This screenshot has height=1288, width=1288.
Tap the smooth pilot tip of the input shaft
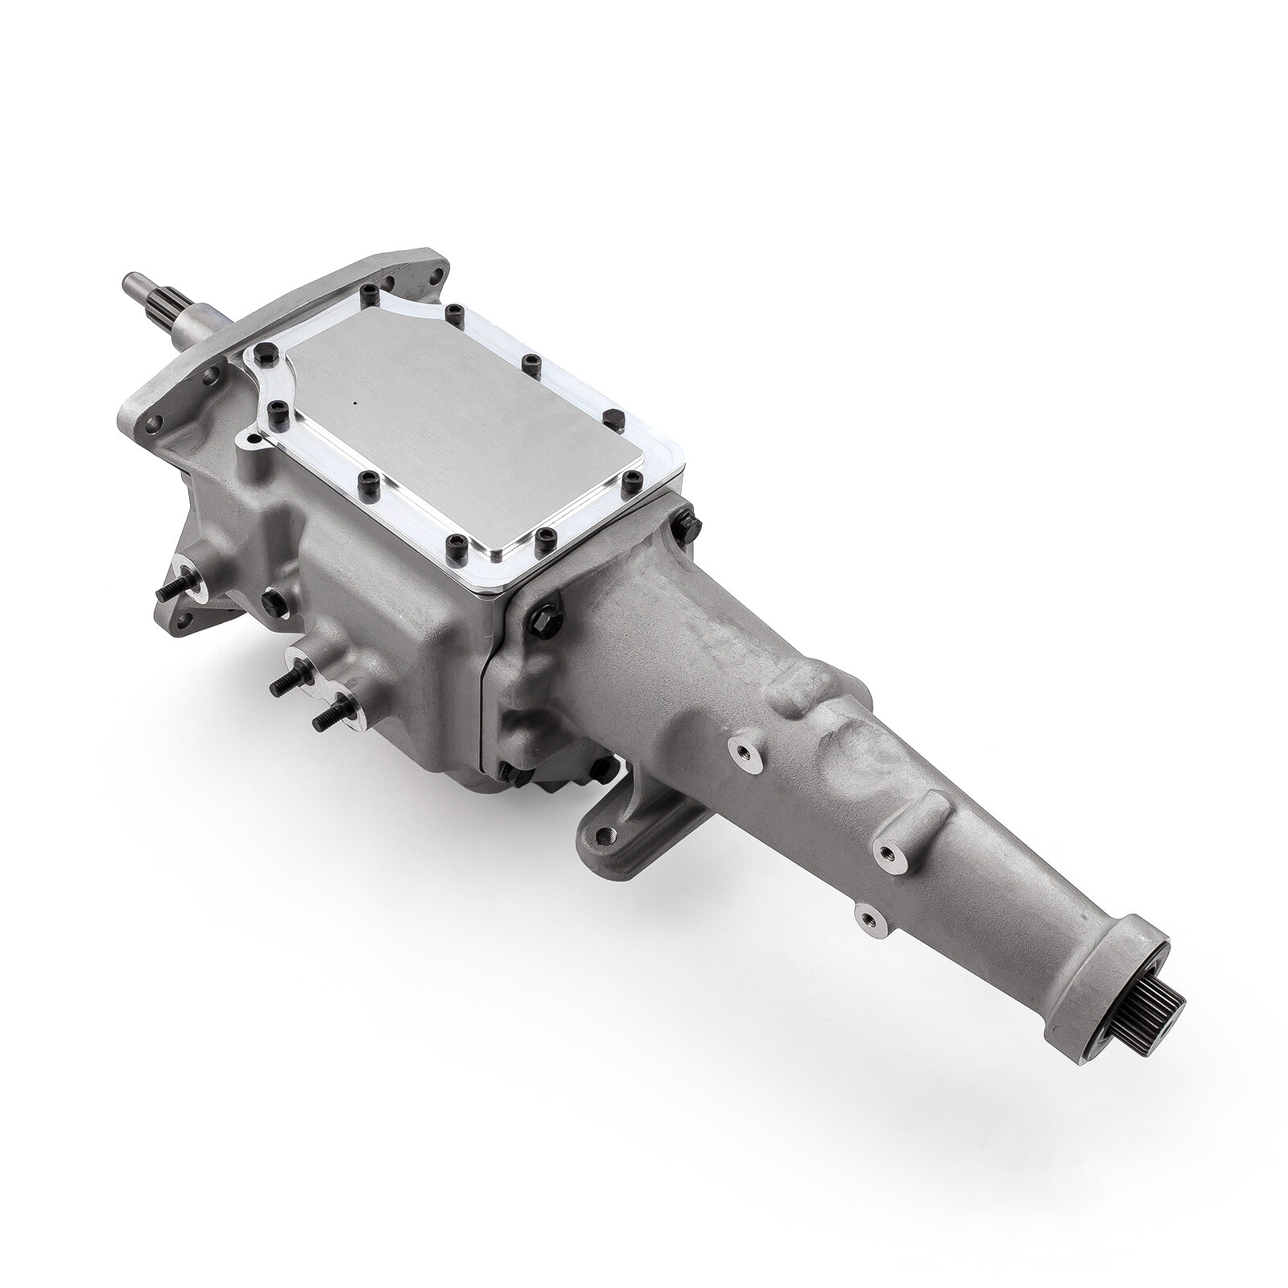[131, 283]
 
